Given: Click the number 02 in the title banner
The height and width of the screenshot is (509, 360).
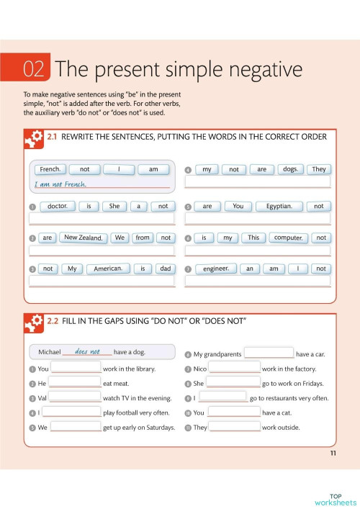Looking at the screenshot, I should (x=35, y=69).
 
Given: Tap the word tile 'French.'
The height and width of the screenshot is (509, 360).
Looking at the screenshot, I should (x=50, y=169).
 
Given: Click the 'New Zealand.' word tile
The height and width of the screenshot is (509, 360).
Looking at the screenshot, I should (x=84, y=238).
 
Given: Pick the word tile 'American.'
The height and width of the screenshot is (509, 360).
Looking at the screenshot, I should (x=108, y=269).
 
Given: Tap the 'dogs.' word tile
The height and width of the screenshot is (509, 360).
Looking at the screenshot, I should (x=289, y=169).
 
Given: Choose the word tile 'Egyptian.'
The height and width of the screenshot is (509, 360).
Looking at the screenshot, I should (x=279, y=206).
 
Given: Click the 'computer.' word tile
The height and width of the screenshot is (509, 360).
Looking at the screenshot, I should (x=288, y=238).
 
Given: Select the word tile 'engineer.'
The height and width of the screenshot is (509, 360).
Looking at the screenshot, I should (x=215, y=269).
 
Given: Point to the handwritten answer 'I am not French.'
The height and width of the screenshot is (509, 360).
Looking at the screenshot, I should (x=60, y=184).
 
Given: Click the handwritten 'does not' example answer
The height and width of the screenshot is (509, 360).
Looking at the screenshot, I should (x=87, y=352).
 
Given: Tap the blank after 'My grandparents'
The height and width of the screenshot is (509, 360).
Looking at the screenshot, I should (x=269, y=353).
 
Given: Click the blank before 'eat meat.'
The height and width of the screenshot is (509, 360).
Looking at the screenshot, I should (x=76, y=383).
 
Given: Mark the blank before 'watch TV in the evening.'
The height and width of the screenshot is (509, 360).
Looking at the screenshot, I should (x=76, y=397).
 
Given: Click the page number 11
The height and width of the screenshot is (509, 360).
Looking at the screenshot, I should (x=333, y=452).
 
